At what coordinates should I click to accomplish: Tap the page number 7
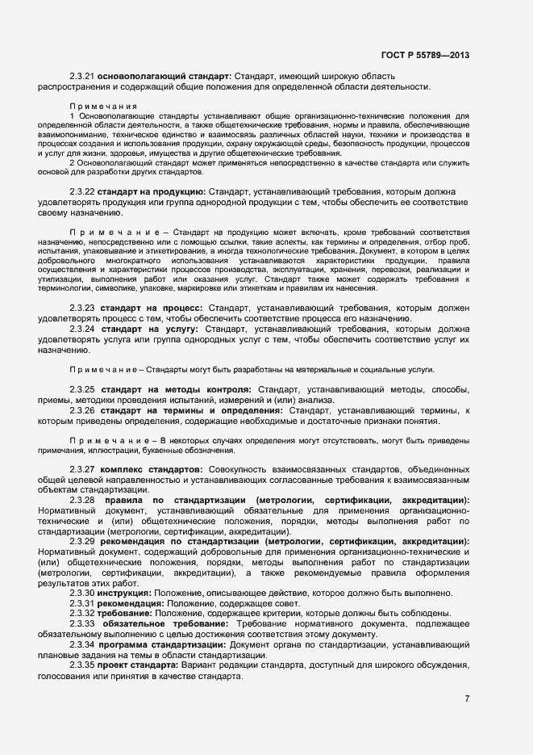[x=467, y=699]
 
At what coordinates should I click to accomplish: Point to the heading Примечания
[x=103, y=106]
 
